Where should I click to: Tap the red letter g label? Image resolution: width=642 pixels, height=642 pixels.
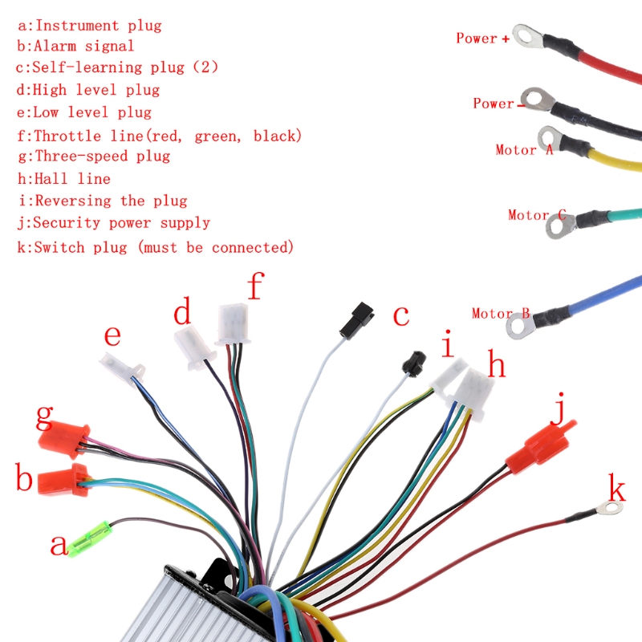point(44,416)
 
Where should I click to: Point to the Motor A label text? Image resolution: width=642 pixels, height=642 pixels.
point(524,149)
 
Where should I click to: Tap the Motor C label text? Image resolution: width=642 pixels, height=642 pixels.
point(537,214)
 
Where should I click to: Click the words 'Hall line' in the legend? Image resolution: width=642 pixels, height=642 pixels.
point(63,178)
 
